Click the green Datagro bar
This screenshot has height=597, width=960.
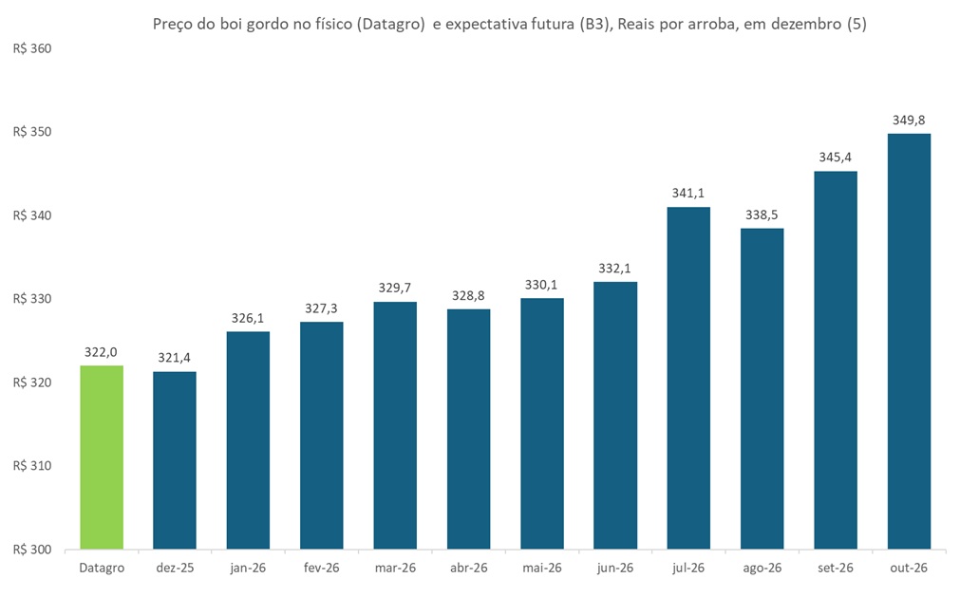102,457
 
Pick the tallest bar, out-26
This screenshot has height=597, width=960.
909,342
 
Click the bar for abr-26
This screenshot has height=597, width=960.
468,429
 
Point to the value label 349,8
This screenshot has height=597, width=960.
909,120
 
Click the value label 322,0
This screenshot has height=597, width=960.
102,352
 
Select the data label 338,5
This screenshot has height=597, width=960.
762,215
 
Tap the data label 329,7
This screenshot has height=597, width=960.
395,288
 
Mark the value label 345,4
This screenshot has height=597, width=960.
835,158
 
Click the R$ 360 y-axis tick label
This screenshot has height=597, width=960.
32,48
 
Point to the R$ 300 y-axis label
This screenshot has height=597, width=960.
32,550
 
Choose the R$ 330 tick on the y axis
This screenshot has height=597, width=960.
32,299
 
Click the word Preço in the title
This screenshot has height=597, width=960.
173,25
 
